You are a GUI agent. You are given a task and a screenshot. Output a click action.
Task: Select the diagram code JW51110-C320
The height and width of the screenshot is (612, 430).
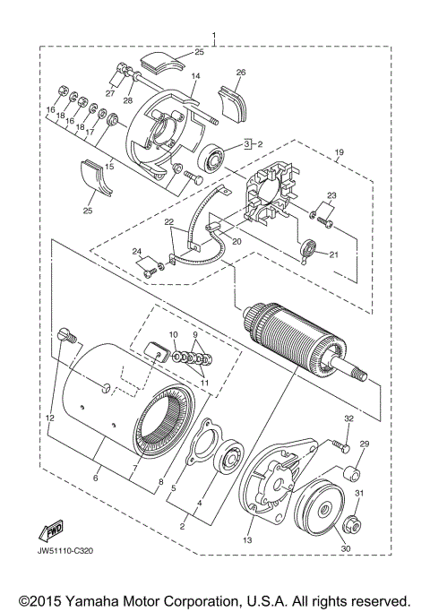(67, 550)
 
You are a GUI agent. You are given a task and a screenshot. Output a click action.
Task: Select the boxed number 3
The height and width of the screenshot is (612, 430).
(245, 142)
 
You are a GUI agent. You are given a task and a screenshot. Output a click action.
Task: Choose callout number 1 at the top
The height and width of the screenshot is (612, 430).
(214, 38)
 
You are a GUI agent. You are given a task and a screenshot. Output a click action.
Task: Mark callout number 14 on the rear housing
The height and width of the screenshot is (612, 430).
(195, 77)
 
